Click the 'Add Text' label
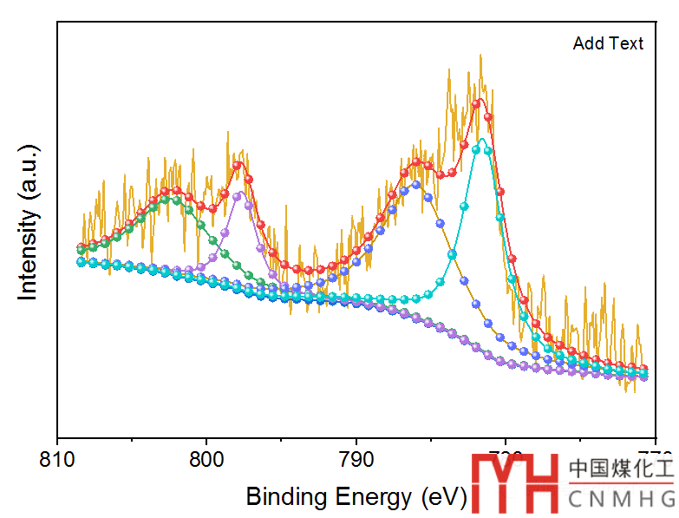point(608,43)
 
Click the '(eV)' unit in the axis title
point(443,497)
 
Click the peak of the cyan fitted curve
point(482,139)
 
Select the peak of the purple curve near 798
point(238,194)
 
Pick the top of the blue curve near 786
point(416,183)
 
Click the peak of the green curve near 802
point(177,199)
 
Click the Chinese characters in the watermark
point(621,469)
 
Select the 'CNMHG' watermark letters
point(621,499)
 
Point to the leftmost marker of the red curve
point(82,246)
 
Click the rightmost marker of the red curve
point(643,369)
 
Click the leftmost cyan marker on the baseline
point(82,261)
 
